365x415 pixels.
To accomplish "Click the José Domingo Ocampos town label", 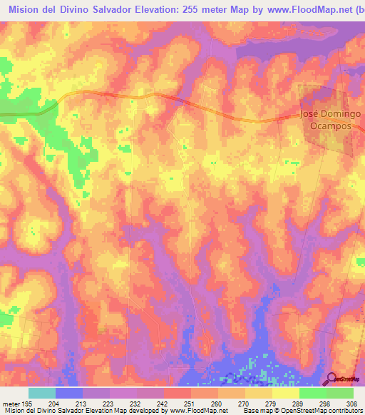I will [331, 119].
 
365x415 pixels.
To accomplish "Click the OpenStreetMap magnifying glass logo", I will [331, 379].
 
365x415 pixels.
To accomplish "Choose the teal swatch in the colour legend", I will [42, 393].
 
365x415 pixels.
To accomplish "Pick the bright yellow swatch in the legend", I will [285, 393].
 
